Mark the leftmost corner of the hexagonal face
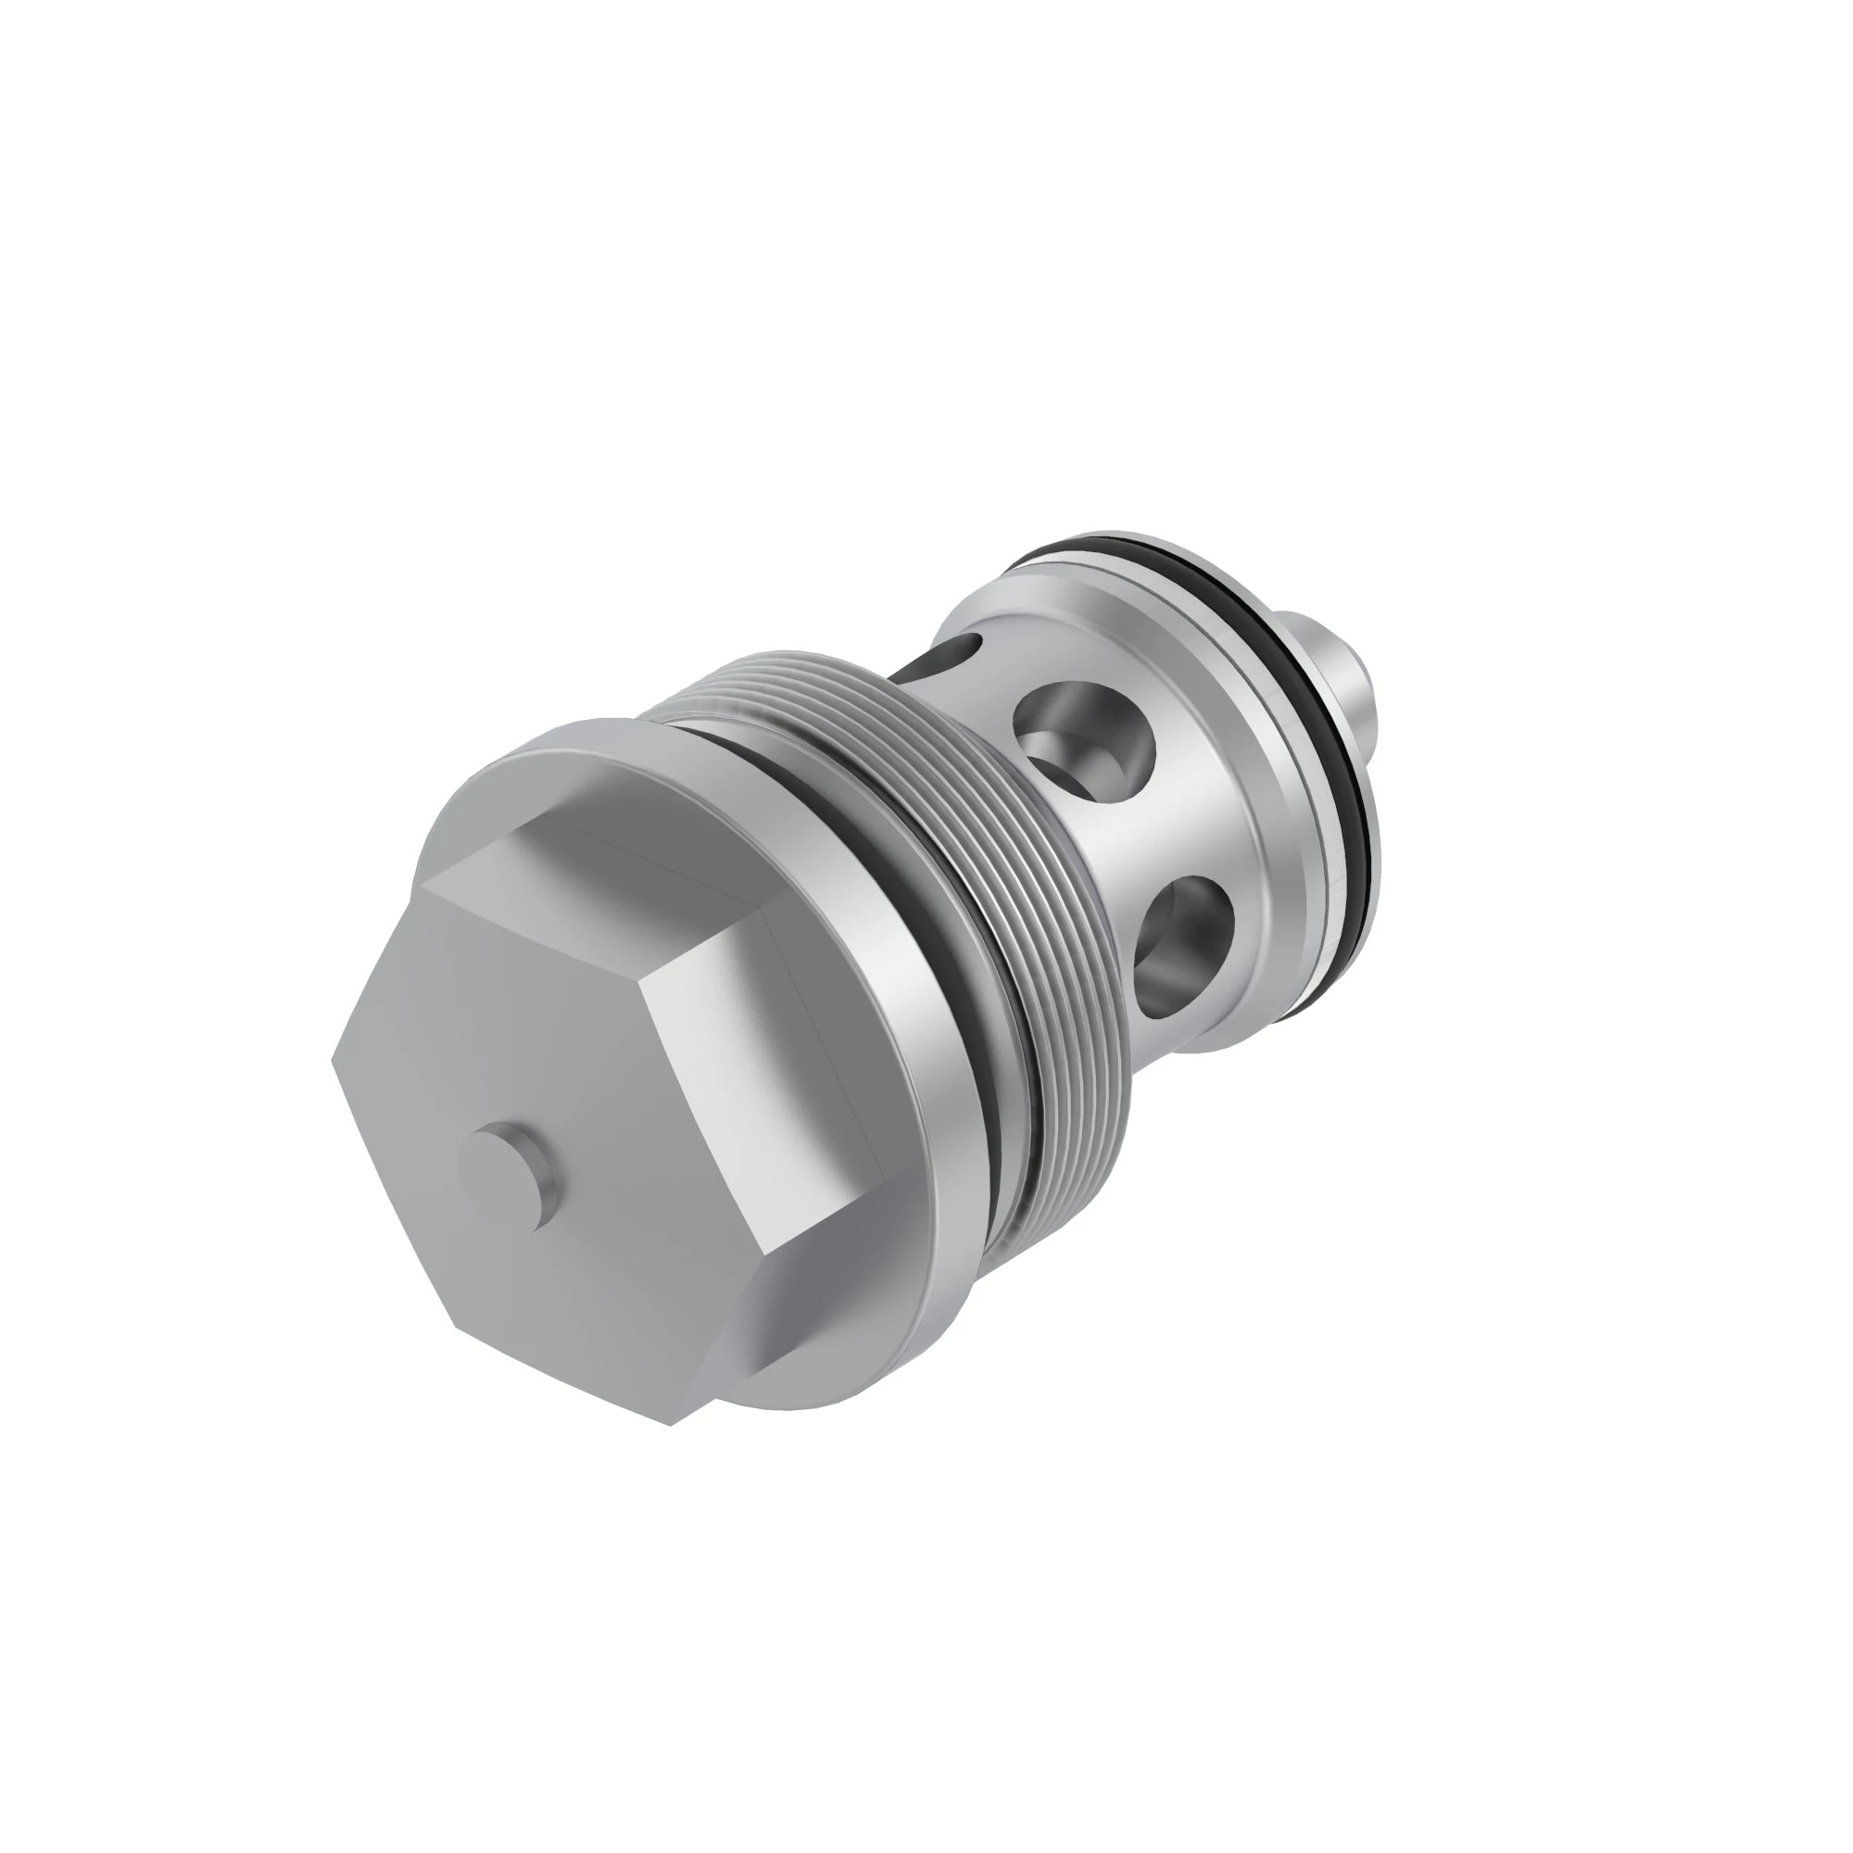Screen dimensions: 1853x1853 [334, 1060]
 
